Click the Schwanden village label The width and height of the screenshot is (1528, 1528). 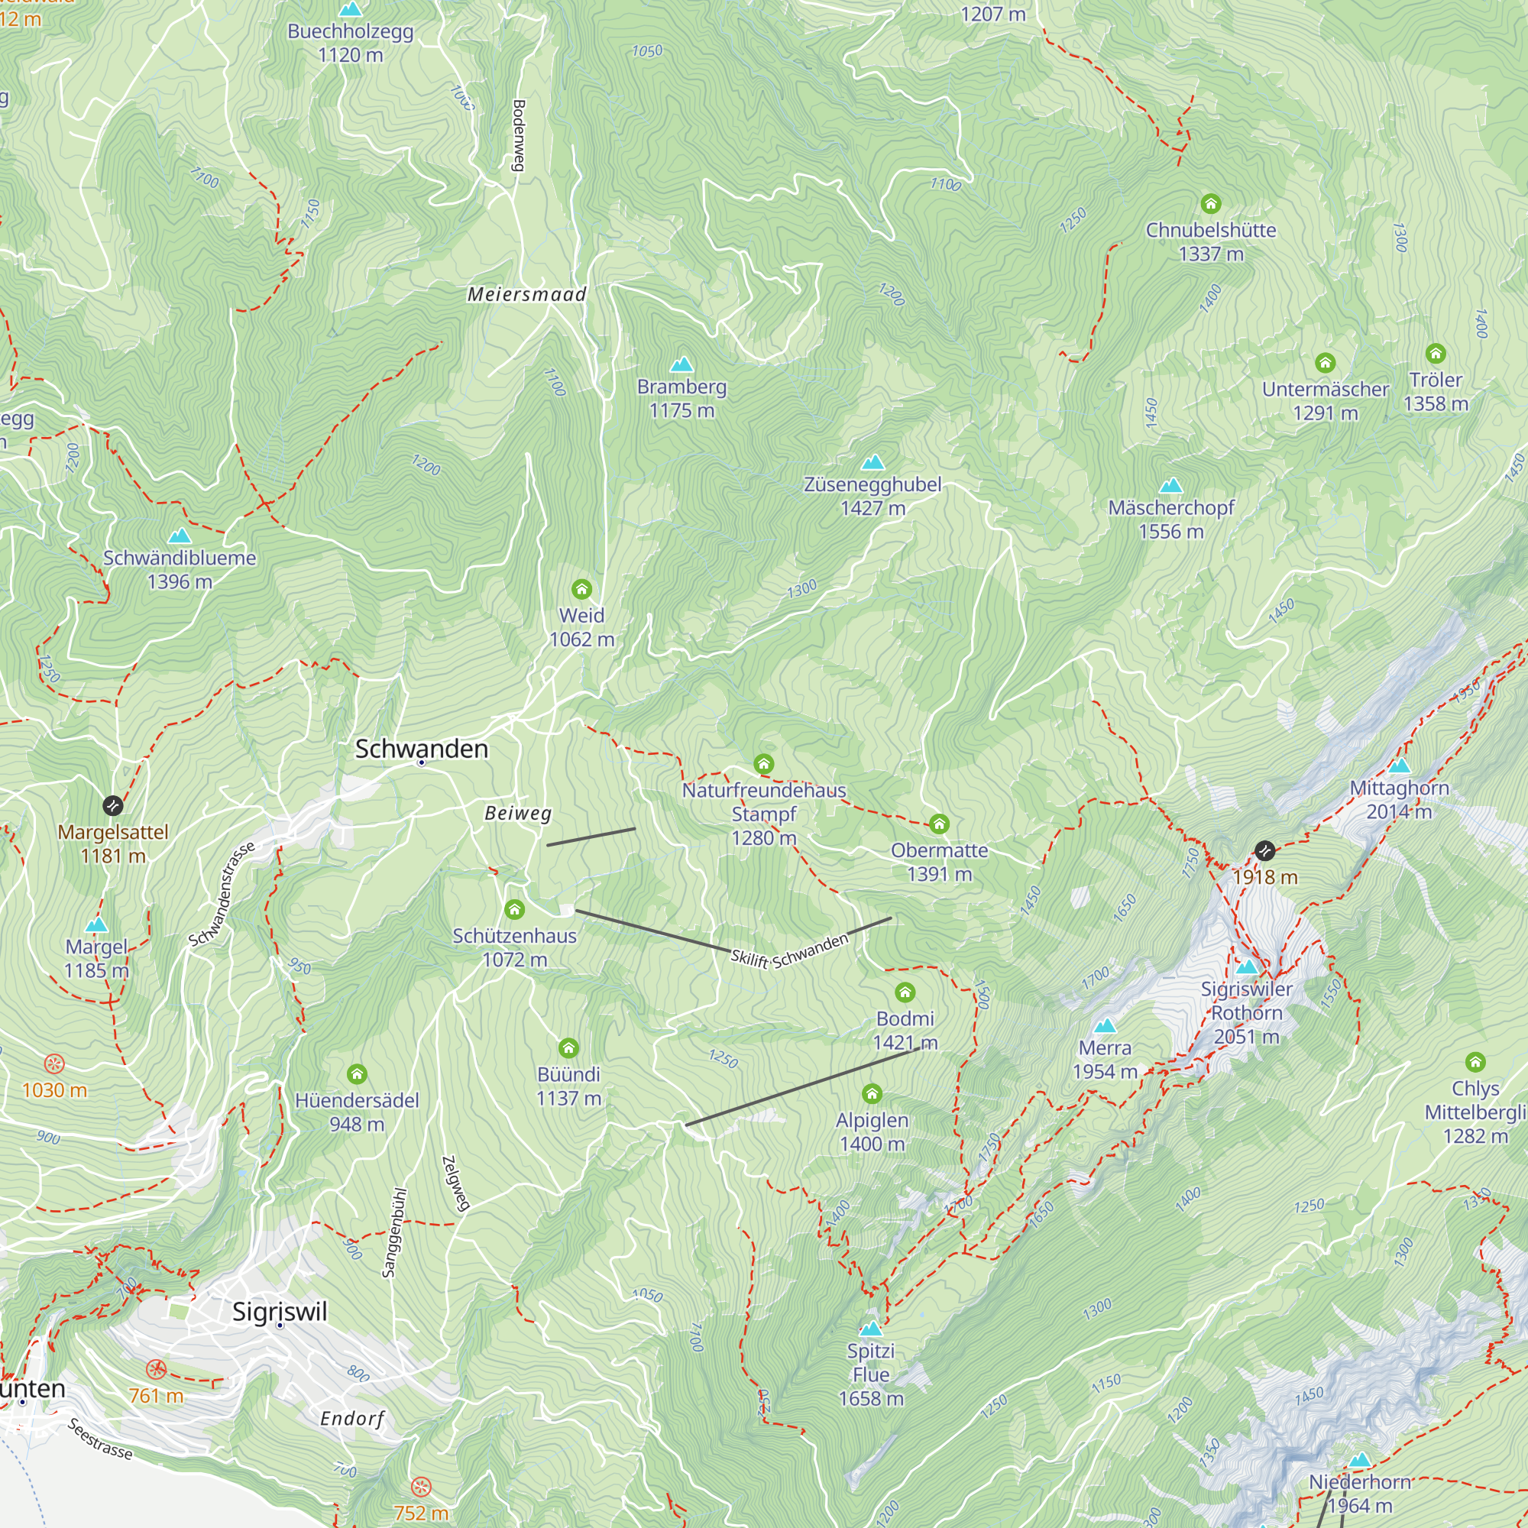coord(421,748)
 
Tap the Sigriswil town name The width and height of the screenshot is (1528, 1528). coord(279,1311)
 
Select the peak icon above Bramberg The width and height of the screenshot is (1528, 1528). coord(681,364)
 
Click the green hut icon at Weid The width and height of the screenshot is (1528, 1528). coord(581,588)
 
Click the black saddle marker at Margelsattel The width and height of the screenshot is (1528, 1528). coord(113,805)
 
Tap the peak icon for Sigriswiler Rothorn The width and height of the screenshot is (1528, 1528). coord(1246,966)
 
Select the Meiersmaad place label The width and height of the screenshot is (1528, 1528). coord(526,294)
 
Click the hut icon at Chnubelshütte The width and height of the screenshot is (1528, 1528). coord(1210,204)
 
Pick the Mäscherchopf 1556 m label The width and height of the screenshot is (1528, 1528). coord(1170,519)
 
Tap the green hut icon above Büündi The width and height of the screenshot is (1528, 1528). coord(568,1048)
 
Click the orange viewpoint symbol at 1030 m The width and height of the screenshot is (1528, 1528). coord(53,1063)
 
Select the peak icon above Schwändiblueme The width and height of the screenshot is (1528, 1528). coord(180,536)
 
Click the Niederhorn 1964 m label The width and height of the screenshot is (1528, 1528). coord(1360,1493)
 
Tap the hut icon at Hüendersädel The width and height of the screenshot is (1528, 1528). coord(357,1073)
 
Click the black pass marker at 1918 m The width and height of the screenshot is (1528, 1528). coord(1264,851)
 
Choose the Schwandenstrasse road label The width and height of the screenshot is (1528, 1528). coord(222,894)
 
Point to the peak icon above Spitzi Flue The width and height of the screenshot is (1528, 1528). coord(870,1328)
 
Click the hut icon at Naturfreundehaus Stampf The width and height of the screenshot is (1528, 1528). coord(763,763)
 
